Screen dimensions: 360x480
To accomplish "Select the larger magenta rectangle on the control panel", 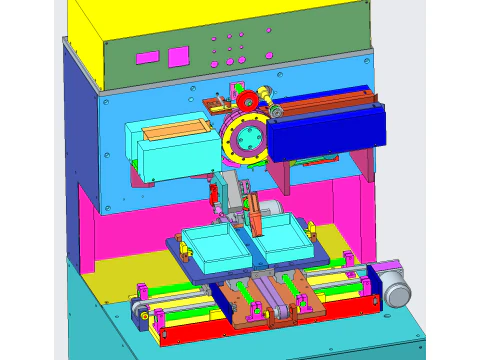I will click(x=178, y=56).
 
